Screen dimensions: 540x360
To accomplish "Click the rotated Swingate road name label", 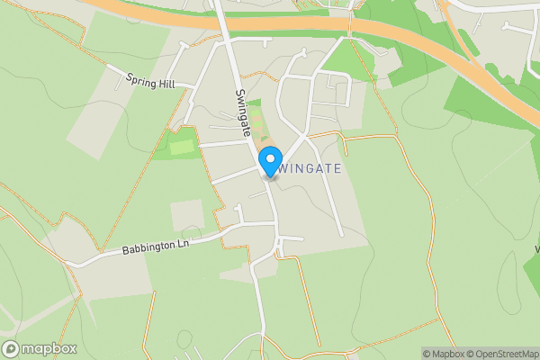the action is [x=244, y=112].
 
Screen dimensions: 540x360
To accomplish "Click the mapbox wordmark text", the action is [x=49, y=348].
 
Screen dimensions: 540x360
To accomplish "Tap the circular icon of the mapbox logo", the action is [x=11, y=348].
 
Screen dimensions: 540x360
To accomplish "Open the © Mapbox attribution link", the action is [x=447, y=354].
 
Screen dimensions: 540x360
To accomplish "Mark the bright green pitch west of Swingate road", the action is [x=182, y=147].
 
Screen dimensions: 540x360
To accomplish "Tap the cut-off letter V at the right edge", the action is [x=536, y=249].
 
